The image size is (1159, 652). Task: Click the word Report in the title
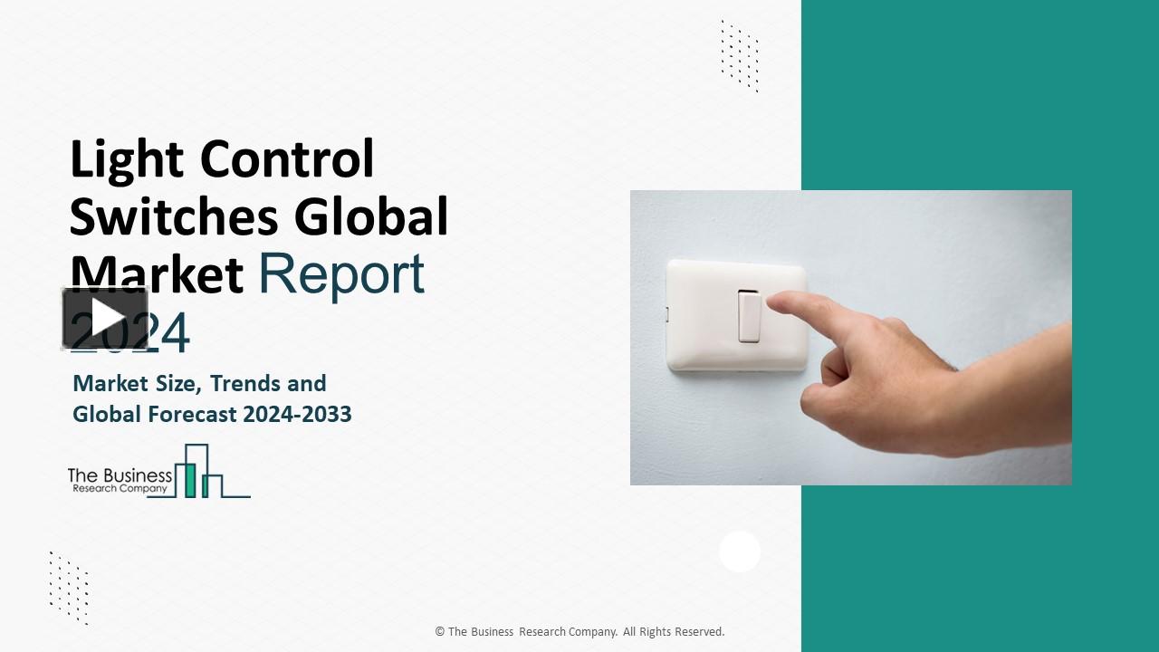pyautogui.click(x=341, y=273)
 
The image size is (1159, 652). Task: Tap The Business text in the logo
pyautogui.click(x=120, y=475)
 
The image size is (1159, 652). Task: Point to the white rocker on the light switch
pyautogui.click(x=749, y=315)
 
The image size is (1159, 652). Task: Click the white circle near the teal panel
pyautogui.click(x=740, y=551)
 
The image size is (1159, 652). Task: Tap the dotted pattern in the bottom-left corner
pyautogui.click(x=69, y=587)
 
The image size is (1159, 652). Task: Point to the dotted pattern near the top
pyautogui.click(x=739, y=55)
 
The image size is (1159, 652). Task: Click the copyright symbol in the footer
pyautogui.click(x=440, y=632)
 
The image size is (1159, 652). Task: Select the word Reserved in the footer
pyautogui.click(x=700, y=632)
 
